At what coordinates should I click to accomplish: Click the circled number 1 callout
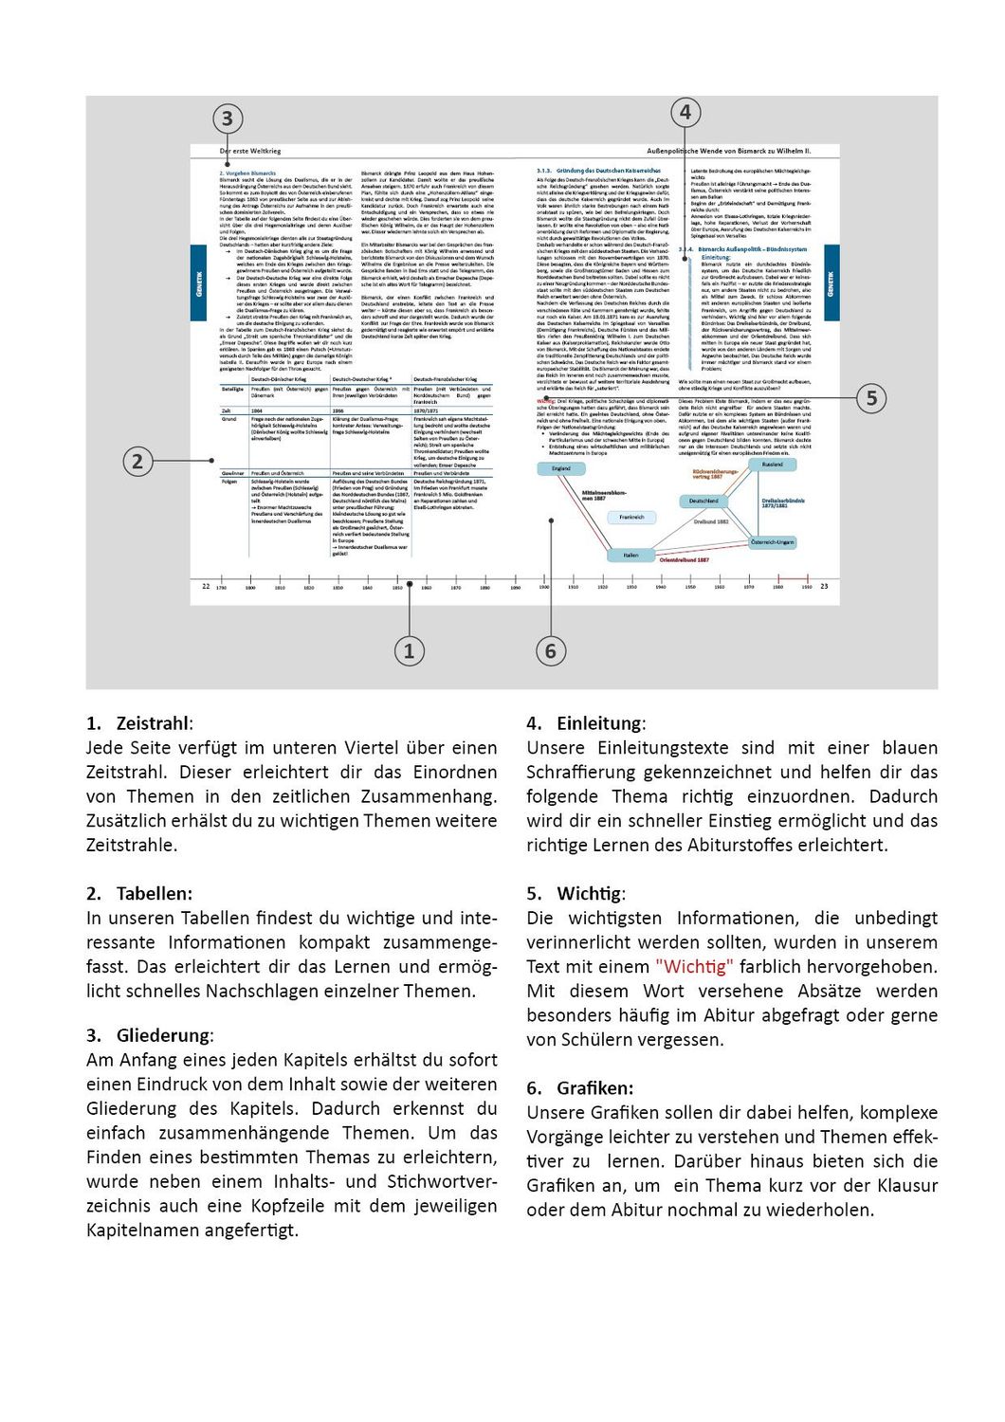tap(409, 651)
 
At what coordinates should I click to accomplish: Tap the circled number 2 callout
tap(137, 462)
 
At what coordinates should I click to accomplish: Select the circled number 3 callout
tap(227, 119)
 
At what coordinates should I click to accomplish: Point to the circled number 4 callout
tap(685, 113)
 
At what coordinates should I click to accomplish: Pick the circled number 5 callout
tap(871, 398)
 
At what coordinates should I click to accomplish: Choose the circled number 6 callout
tap(551, 651)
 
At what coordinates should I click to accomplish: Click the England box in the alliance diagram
tap(561, 468)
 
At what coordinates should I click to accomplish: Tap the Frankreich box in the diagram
tap(631, 517)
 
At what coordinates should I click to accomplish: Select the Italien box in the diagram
tap(630, 555)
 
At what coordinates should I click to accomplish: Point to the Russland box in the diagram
tap(773, 465)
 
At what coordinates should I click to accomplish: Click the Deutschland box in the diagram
tap(703, 501)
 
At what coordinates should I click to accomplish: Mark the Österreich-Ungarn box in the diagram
tap(773, 542)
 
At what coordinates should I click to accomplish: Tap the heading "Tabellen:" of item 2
tap(154, 894)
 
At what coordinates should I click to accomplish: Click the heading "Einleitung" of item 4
tap(600, 723)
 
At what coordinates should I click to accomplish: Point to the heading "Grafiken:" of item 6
tap(595, 1088)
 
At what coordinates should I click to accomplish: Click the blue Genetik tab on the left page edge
tap(199, 283)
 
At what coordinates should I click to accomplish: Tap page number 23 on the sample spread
tap(824, 587)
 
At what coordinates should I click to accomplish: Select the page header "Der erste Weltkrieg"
tap(250, 151)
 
